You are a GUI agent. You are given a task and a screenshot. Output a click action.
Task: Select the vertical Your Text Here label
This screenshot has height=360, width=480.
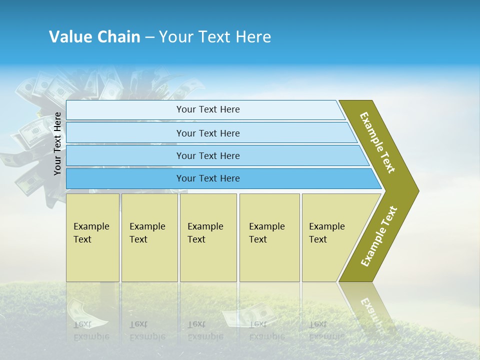(57, 143)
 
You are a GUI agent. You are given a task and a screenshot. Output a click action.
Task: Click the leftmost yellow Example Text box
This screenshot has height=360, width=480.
(92, 237)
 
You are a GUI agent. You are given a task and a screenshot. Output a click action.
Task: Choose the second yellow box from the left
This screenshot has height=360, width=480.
(149, 237)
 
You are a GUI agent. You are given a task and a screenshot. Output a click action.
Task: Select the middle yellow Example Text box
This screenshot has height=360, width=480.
(208, 237)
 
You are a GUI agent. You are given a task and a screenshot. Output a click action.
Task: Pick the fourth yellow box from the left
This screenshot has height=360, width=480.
(269, 237)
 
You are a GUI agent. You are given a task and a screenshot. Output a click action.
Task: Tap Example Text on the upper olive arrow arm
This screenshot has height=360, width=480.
(377, 142)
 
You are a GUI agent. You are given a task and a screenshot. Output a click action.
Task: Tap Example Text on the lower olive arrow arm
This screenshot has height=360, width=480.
(379, 236)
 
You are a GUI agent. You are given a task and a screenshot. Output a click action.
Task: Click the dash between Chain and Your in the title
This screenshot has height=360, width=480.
(149, 37)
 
